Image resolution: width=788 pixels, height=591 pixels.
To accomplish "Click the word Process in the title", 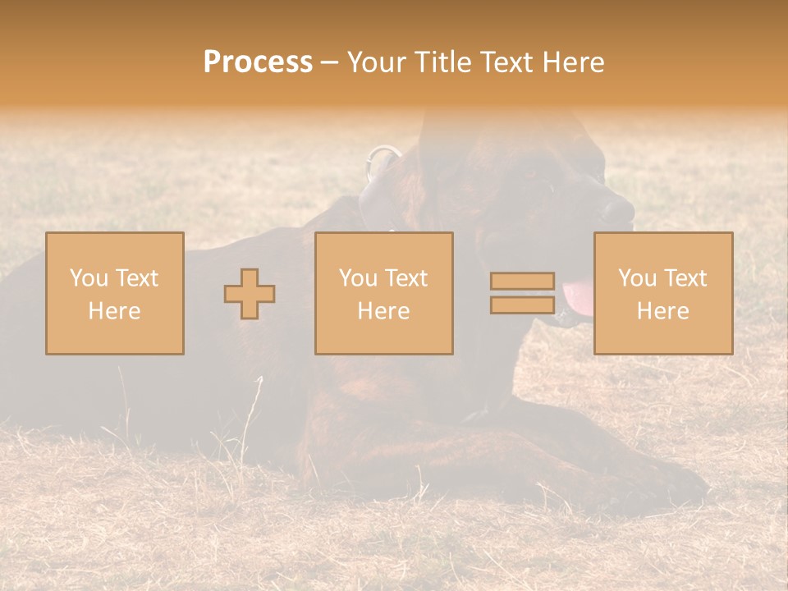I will [x=258, y=62].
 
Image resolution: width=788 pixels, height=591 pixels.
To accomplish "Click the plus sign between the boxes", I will [x=250, y=294].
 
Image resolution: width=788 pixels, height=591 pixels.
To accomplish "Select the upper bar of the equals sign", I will [x=522, y=281].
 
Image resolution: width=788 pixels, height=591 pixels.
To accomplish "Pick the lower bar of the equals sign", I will [x=522, y=305].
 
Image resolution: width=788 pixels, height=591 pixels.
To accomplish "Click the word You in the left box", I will [x=87, y=278].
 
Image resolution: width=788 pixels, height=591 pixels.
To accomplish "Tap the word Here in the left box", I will [x=114, y=311].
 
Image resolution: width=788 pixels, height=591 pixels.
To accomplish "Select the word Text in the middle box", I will [x=406, y=278].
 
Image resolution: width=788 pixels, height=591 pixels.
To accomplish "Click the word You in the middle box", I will [x=357, y=278].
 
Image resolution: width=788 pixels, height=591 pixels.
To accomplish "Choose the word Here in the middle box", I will [x=383, y=311].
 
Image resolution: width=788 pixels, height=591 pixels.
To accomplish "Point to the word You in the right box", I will [x=636, y=278].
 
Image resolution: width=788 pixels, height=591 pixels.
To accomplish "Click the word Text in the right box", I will [x=685, y=278].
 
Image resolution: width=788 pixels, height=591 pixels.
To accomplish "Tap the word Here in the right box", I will [x=662, y=311].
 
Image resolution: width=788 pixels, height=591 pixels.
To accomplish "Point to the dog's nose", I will [x=617, y=210].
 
